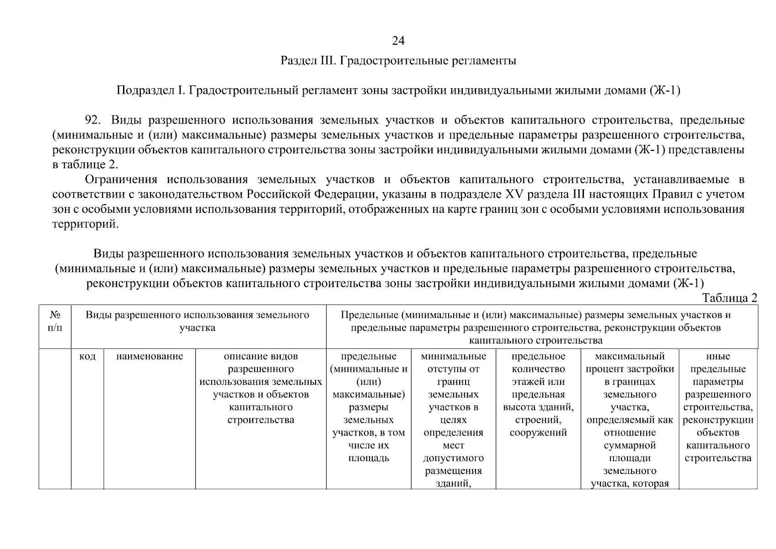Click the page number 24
(x=398, y=41)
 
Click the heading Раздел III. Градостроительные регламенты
(x=398, y=61)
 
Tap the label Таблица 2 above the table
(x=730, y=298)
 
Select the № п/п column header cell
(x=55, y=321)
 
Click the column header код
(x=87, y=356)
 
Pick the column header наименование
(x=150, y=356)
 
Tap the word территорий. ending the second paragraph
(x=85, y=225)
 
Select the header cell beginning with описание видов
(x=261, y=388)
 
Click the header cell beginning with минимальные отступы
(x=453, y=419)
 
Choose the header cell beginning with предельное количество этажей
(x=538, y=394)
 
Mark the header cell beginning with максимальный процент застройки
(x=630, y=419)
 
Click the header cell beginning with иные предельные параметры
(x=718, y=407)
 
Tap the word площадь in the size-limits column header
(x=369, y=458)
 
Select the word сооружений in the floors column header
(x=538, y=433)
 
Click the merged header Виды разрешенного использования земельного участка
(x=198, y=321)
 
